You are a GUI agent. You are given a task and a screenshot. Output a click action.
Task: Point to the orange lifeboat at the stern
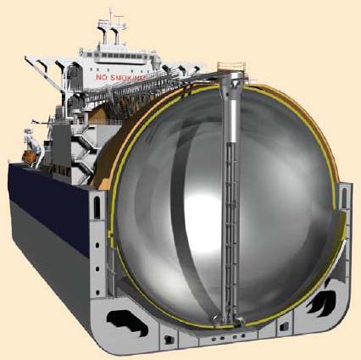29,157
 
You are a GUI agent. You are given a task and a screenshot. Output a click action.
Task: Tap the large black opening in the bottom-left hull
127,320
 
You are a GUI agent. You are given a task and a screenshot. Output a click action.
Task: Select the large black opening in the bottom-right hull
322,301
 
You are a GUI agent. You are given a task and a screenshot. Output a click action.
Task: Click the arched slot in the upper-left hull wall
97,208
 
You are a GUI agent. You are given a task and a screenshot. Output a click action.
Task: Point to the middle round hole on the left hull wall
97,269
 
